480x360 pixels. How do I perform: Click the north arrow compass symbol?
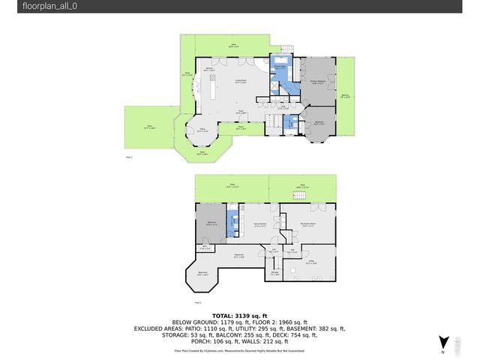click(443, 342)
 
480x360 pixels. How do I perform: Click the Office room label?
click(202, 130)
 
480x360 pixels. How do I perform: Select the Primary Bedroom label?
click(318, 82)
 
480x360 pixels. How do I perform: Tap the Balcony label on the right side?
click(345, 96)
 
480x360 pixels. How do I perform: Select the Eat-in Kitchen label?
click(260, 225)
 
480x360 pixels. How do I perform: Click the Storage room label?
click(274, 274)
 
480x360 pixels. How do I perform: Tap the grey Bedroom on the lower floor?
click(210, 223)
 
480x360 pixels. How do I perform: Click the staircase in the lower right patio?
click(301, 195)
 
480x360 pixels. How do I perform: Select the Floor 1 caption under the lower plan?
click(198, 302)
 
